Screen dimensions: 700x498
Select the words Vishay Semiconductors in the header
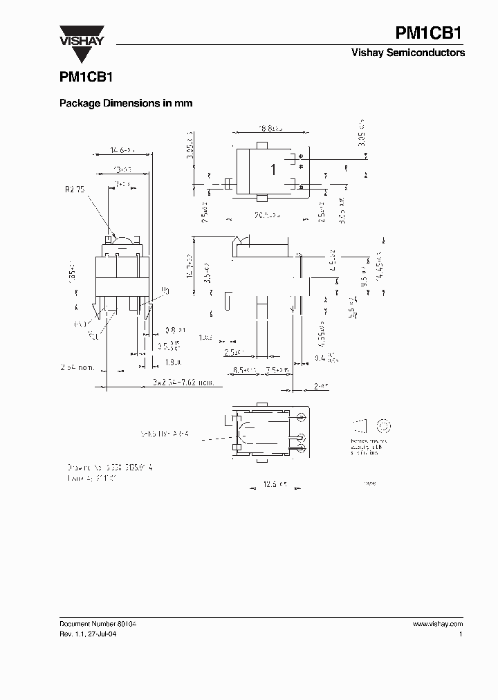pyautogui.click(x=418, y=53)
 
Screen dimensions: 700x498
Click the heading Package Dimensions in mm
pyautogui.click(x=125, y=103)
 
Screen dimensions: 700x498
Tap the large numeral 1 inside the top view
pyautogui.click(x=273, y=169)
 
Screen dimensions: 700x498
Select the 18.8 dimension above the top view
pyautogui.click(x=270, y=128)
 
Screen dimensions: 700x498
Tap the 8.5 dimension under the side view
pyautogui.click(x=243, y=369)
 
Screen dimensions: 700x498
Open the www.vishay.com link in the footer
pyautogui.click(x=437, y=623)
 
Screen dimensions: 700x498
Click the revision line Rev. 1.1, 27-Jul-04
pyautogui.click(x=82, y=634)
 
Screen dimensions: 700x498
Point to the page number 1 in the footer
pyautogui.click(x=461, y=634)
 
